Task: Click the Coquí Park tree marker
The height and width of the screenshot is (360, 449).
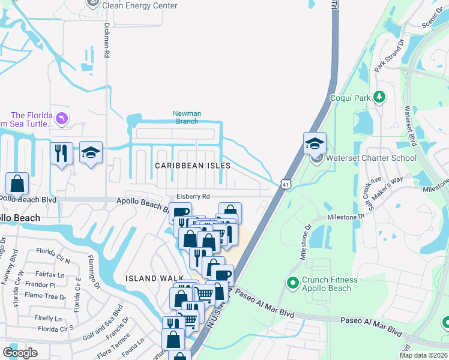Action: [x=379, y=97]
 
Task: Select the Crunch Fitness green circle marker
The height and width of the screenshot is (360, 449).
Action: [x=293, y=282]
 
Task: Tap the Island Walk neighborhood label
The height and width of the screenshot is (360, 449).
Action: [x=149, y=278]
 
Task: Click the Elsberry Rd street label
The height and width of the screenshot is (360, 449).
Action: [x=193, y=196]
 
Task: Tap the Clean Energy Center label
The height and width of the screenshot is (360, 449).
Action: [x=140, y=5]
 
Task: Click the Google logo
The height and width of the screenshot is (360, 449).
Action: [x=20, y=353]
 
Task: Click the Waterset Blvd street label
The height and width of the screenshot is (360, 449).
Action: [x=411, y=125]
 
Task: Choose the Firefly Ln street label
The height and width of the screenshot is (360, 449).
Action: [x=49, y=318]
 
